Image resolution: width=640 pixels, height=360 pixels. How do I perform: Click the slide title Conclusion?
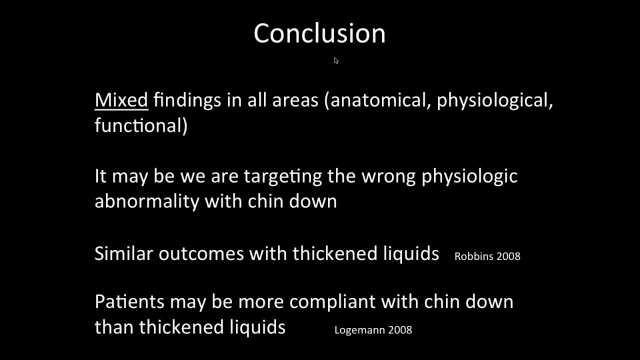[319, 34]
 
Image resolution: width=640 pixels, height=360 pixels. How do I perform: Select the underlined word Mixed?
[121, 100]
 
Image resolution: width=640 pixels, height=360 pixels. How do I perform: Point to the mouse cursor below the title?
[336, 60]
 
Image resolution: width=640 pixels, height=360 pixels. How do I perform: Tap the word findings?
[187, 100]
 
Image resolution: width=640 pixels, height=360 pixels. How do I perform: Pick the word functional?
[140, 125]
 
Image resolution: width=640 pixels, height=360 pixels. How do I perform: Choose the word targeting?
[282, 176]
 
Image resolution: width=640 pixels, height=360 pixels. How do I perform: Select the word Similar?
[123, 253]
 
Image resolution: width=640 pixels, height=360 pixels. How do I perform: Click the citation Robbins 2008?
[487, 256]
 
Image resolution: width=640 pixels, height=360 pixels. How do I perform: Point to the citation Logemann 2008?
[373, 329]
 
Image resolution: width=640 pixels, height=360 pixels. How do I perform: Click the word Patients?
[129, 302]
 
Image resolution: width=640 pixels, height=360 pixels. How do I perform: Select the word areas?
[295, 100]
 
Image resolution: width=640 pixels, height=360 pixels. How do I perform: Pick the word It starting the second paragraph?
[100, 176]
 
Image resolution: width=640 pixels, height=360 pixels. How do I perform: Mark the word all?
[256, 100]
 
